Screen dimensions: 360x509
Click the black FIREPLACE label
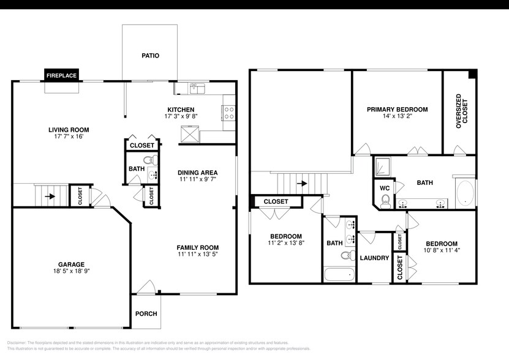[x=62, y=76]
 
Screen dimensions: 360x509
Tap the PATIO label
[x=150, y=56]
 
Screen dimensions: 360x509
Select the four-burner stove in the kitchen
[x=229, y=112]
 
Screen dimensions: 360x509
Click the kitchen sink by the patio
[x=197, y=89]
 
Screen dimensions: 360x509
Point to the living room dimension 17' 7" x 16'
[x=69, y=137]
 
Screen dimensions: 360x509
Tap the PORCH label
[x=146, y=313]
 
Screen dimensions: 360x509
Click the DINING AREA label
[x=198, y=173]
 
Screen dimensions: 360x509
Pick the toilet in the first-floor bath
[x=154, y=162]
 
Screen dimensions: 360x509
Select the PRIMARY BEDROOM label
[x=397, y=110]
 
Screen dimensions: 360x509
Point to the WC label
[x=385, y=188]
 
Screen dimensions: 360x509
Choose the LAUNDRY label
[x=374, y=258]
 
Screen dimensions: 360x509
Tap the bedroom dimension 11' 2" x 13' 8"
[x=287, y=243]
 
